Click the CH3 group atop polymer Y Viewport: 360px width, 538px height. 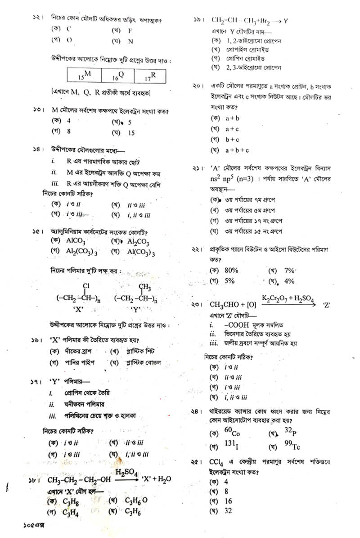[x=144, y=287]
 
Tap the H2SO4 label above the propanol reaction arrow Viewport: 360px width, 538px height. [x=126, y=472]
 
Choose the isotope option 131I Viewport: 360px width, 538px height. [x=231, y=446]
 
